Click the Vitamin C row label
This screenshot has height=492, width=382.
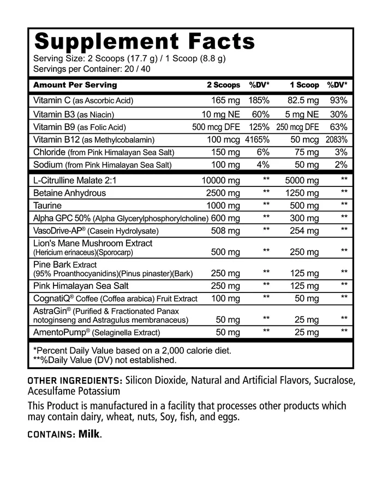tap(83, 101)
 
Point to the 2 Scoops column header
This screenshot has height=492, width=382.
tap(223, 85)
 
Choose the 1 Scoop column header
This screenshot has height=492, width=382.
tap(304, 85)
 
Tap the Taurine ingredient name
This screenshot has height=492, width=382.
tap(47, 206)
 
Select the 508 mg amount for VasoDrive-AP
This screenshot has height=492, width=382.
tap(225, 231)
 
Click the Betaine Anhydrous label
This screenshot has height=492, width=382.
tap(69, 193)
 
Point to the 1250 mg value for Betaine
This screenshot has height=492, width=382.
tap(302, 193)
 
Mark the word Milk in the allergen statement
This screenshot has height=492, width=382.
tap(89, 434)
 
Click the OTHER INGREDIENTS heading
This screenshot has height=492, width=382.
tap(74, 380)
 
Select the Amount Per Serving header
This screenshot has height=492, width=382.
tap(75, 85)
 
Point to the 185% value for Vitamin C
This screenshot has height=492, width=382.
tap(259, 101)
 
